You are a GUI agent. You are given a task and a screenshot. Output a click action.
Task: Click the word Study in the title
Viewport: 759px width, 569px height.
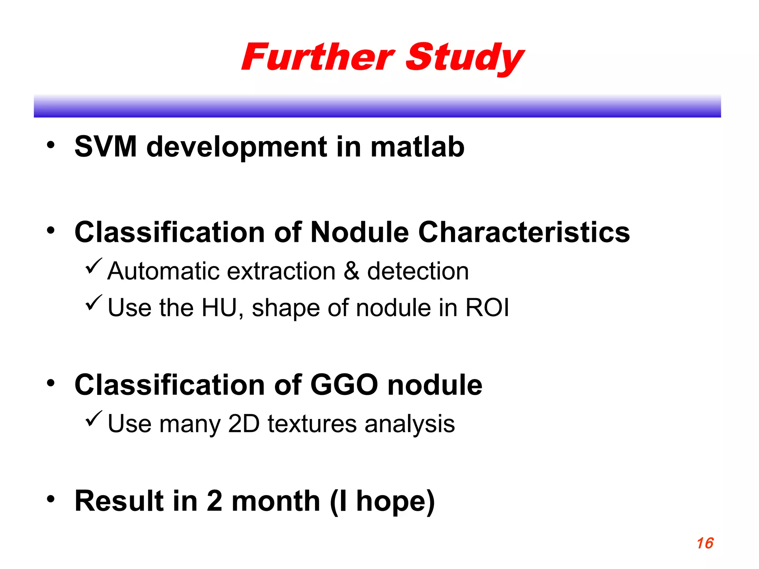pos(465,58)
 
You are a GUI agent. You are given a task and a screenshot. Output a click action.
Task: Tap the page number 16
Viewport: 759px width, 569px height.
pos(705,543)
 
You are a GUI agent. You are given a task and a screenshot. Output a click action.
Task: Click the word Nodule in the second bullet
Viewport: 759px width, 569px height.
pos(359,232)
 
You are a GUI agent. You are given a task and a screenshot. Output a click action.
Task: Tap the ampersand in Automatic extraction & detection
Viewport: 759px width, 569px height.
pos(351,271)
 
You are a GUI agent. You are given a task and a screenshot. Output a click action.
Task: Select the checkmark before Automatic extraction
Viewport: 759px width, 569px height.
pos(93,266)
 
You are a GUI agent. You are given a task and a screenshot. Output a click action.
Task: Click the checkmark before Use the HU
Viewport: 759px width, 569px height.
pos(93,303)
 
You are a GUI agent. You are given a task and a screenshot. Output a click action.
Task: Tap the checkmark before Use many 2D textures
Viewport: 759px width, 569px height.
pos(93,419)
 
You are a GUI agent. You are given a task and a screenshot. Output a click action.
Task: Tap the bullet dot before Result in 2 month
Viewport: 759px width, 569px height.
pos(51,499)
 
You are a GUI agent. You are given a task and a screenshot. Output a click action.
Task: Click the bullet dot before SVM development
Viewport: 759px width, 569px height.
pos(51,145)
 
